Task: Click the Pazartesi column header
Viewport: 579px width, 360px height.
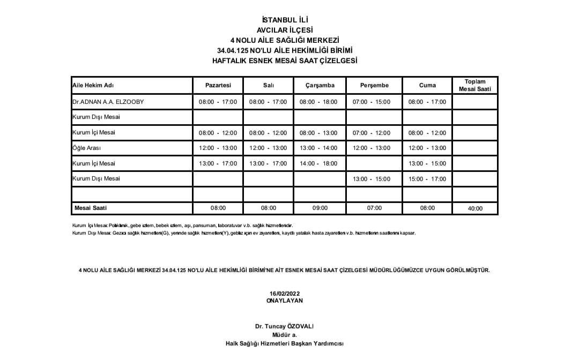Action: [x=218, y=85]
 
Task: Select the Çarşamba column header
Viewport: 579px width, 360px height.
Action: [x=320, y=85]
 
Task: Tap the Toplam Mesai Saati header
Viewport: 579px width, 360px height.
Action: [x=474, y=85]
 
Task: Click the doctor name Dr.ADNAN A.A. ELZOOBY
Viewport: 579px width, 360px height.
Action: [x=108, y=102]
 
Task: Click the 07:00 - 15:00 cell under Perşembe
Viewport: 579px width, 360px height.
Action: [x=374, y=102]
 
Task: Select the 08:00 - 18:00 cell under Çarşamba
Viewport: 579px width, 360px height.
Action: [x=320, y=102]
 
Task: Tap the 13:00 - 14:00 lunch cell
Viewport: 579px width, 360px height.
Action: [x=320, y=148]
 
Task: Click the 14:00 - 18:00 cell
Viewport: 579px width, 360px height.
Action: [x=320, y=163]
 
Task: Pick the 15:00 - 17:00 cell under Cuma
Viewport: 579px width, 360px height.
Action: [x=427, y=179]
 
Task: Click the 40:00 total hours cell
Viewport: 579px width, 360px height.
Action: [x=475, y=209]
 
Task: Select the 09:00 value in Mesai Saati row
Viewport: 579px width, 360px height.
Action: [x=320, y=208]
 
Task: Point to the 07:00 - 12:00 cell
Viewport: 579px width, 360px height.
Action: [x=374, y=133]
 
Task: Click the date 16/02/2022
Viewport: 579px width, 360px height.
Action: [x=285, y=294]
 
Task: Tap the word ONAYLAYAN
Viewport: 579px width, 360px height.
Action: [x=285, y=301]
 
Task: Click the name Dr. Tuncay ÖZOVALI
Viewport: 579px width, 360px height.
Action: [x=284, y=326]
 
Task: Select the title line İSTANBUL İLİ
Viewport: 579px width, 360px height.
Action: [x=285, y=20]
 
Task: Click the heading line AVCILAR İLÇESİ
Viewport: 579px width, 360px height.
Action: [x=285, y=30]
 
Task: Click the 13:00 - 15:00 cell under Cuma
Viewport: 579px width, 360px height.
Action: [x=427, y=163]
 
